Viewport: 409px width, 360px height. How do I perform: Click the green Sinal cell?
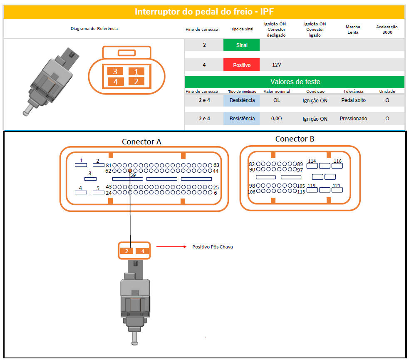tap(241, 45)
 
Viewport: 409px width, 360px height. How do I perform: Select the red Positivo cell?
tap(241, 65)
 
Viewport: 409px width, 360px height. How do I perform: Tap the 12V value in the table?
tap(277, 65)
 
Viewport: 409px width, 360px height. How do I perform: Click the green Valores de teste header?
tap(295, 82)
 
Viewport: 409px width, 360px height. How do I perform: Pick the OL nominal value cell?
tap(277, 100)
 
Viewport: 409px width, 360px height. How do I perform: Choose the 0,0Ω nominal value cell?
tap(277, 119)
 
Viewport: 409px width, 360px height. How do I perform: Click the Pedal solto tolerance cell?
tap(353, 100)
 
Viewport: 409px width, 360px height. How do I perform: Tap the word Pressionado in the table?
tap(353, 119)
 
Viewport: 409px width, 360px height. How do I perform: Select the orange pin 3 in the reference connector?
tap(115, 71)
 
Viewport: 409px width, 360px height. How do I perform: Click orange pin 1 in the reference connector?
tap(136, 71)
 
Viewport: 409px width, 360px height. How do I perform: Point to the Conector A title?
tap(141, 142)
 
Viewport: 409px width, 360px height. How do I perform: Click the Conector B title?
tap(295, 139)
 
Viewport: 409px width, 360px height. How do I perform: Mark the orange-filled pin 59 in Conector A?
tap(130, 171)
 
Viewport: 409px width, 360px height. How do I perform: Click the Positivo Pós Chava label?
tap(213, 247)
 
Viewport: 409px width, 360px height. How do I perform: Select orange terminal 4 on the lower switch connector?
tap(142, 251)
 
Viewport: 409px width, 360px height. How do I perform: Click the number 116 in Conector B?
tap(337, 161)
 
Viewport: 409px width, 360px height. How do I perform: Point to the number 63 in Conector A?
tap(216, 165)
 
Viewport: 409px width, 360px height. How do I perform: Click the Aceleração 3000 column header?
tap(387, 30)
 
